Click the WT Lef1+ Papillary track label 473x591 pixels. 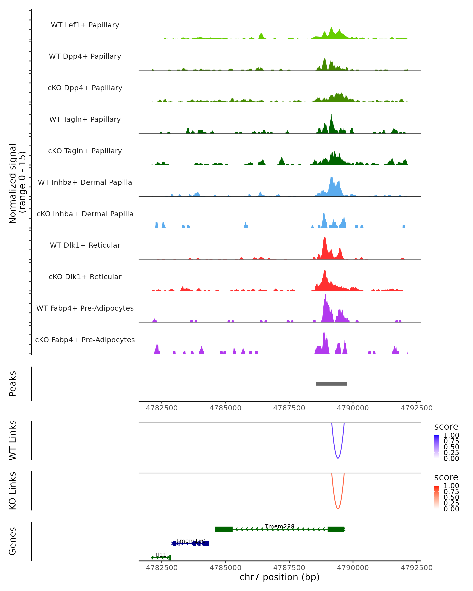(x=85, y=25)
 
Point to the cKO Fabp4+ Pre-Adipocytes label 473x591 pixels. (x=85, y=340)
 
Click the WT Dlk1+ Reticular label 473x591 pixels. (x=85, y=245)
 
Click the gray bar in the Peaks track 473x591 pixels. (x=331, y=384)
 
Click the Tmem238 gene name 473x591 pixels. (x=279, y=527)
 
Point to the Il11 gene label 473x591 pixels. (x=161, y=555)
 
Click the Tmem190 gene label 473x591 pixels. (x=191, y=541)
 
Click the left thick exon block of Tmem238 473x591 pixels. (x=224, y=529)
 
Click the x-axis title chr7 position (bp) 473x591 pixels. (x=279, y=577)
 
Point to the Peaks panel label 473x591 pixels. (x=13, y=384)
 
